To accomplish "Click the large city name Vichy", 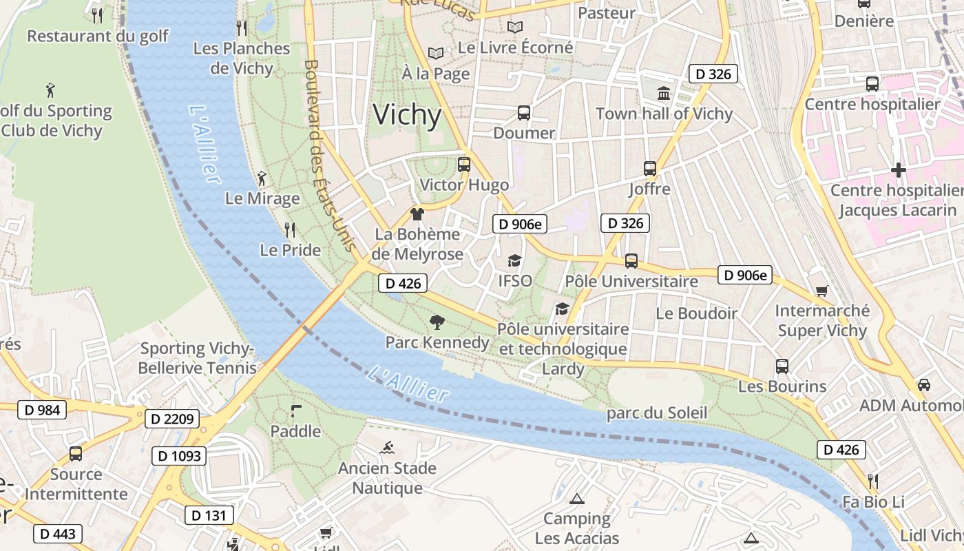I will [x=407, y=115].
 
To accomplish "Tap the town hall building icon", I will [x=664, y=93].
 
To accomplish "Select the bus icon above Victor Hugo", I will [x=464, y=165].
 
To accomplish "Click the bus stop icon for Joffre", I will [x=649, y=168].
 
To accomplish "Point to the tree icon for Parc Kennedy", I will [x=437, y=322].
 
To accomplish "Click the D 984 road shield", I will [x=41, y=410].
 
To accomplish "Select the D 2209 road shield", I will [x=172, y=419].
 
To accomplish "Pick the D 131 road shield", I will [x=209, y=515].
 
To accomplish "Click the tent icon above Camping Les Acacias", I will [x=577, y=499].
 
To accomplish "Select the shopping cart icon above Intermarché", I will [x=821, y=291].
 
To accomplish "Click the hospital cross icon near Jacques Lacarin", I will [x=898, y=169].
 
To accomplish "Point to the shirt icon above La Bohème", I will [x=417, y=214].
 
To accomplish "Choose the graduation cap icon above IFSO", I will [x=514, y=260].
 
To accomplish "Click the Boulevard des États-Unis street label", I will [x=329, y=156].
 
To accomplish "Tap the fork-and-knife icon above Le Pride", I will [x=290, y=229].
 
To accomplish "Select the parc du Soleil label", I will [x=656, y=413].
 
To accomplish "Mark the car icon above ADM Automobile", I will [x=924, y=385].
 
